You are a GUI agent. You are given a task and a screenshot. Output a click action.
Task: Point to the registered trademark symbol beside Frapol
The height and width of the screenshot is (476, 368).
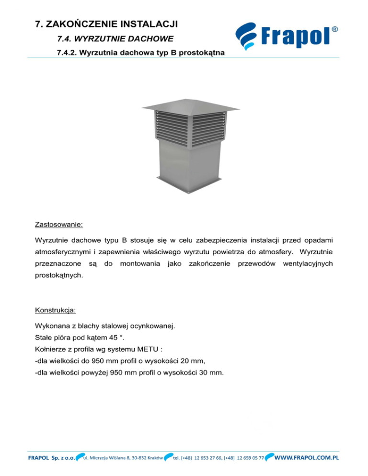click(x=335, y=29)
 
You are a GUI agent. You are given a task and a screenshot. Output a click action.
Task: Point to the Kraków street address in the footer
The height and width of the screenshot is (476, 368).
click(x=124, y=457)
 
